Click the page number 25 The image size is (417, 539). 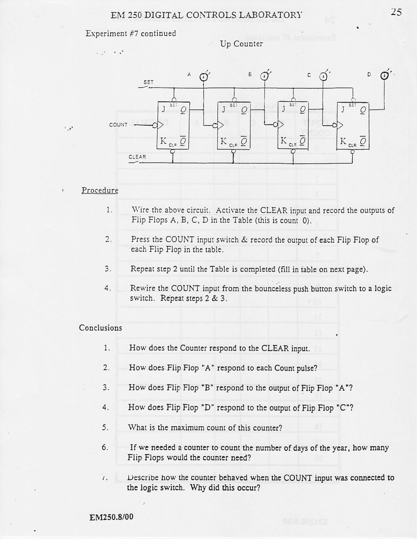pyautogui.click(x=396, y=12)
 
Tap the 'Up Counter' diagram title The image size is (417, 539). pyautogui.click(x=241, y=44)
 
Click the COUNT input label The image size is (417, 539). pyautogui.click(x=118, y=125)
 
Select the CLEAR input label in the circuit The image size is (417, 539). pyautogui.click(x=137, y=157)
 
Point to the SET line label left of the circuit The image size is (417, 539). pyautogui.click(x=148, y=82)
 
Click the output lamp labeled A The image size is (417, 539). pyautogui.click(x=204, y=77)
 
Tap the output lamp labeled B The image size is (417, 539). pyautogui.click(x=265, y=77)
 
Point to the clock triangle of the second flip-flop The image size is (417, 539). pyautogui.click(x=221, y=125)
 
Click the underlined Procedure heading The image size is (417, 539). pyautogui.click(x=100, y=190)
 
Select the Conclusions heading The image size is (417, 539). pyautogui.click(x=100, y=328)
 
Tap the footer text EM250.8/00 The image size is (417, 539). pyautogui.click(x=111, y=517)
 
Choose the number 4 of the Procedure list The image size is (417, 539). pyautogui.click(x=107, y=289)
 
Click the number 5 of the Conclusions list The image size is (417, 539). pyautogui.click(x=105, y=427)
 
